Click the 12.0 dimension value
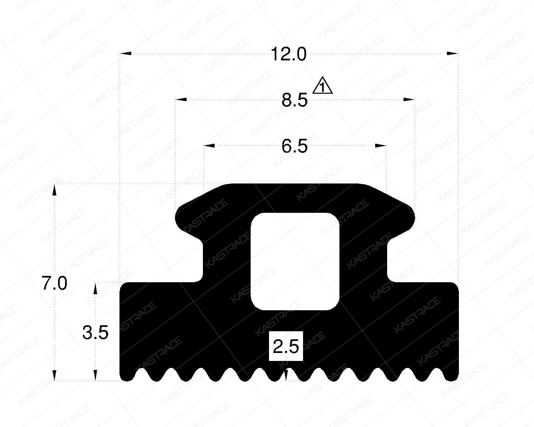pyautogui.click(x=288, y=54)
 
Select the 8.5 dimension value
pyautogui.click(x=294, y=100)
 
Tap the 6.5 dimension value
pyautogui.click(x=294, y=146)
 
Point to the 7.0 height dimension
pyautogui.click(x=54, y=284)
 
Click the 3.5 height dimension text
pyautogui.click(x=95, y=333)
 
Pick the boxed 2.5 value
pyautogui.click(x=286, y=347)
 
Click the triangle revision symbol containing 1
pyautogui.click(x=322, y=86)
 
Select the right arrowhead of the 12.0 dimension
pyautogui.click(x=453, y=53)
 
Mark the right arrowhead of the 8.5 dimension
pyautogui.click(x=409, y=99)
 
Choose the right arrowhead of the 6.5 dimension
pyautogui.click(x=381, y=146)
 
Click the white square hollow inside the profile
pyautogui.click(x=295, y=261)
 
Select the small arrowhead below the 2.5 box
pyautogui.click(x=286, y=374)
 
